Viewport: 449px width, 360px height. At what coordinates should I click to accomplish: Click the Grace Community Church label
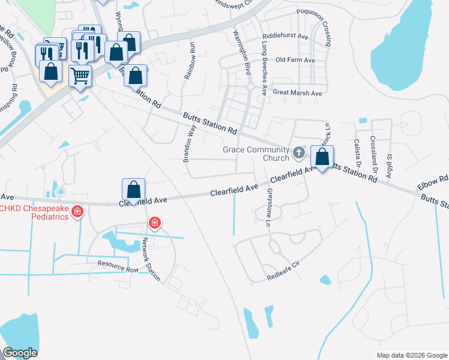tap(256, 154)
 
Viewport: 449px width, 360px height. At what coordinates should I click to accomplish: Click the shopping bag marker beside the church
tap(322, 158)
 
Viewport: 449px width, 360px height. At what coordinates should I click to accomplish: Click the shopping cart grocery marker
tap(80, 76)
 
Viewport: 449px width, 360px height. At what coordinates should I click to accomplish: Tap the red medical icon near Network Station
tap(155, 224)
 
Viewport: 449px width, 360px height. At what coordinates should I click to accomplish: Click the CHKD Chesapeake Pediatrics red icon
tap(77, 212)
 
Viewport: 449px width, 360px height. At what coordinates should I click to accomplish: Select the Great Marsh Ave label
tap(298, 93)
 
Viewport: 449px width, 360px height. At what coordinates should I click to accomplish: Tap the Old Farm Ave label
tap(295, 61)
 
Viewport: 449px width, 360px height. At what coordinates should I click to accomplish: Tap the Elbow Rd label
tap(435, 179)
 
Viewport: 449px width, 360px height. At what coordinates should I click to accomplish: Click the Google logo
tap(20, 353)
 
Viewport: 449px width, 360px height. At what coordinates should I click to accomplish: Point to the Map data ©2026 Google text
tap(411, 355)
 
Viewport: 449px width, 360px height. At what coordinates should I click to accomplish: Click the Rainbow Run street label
tap(191, 59)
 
